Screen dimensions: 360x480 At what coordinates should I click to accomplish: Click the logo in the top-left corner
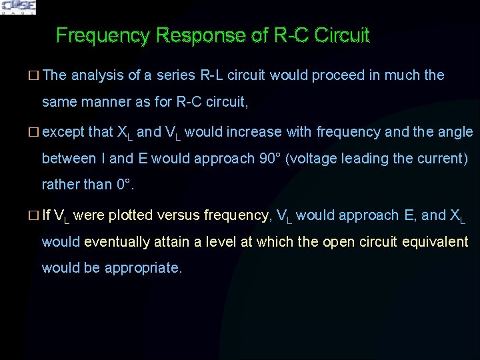tap(18, 7)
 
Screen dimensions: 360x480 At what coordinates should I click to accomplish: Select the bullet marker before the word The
tap(35, 75)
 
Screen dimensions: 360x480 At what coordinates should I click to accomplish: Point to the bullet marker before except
tap(35, 132)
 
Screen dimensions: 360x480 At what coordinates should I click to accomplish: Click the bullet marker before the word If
tap(35, 215)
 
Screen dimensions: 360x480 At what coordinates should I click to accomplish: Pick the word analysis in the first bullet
tap(97, 75)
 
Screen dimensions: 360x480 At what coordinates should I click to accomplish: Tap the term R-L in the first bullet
tap(208, 75)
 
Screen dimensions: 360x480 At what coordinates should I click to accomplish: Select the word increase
tap(281, 132)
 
